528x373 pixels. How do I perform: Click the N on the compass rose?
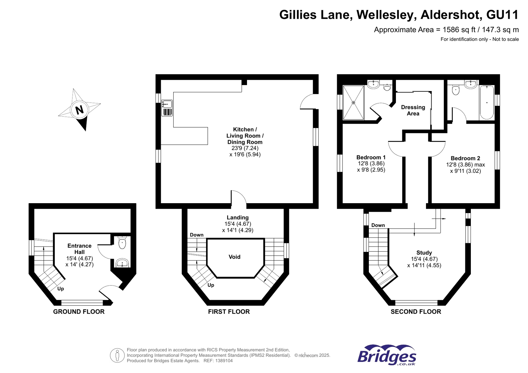(x=79, y=109)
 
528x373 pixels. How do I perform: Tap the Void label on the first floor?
(x=234, y=257)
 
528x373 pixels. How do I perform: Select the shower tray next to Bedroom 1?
(x=353, y=103)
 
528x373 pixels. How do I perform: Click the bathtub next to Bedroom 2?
(x=487, y=103)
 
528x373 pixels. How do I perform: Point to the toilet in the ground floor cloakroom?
(x=122, y=243)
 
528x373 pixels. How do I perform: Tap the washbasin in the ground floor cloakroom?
(x=122, y=263)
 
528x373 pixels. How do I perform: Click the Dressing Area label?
(x=413, y=110)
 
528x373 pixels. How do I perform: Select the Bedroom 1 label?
(x=371, y=157)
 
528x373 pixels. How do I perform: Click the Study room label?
(x=424, y=253)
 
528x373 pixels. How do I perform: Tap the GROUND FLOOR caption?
(x=79, y=312)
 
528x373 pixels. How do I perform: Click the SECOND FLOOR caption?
(x=416, y=312)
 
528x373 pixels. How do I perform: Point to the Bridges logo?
(x=387, y=355)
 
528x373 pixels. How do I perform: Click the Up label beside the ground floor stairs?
(x=61, y=289)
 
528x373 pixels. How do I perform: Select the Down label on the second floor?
(x=378, y=225)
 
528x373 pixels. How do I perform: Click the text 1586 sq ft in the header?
(x=459, y=30)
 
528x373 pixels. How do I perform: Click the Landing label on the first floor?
(x=237, y=217)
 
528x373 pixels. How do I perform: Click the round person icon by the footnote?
(x=117, y=355)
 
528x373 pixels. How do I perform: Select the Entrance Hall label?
(x=79, y=249)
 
